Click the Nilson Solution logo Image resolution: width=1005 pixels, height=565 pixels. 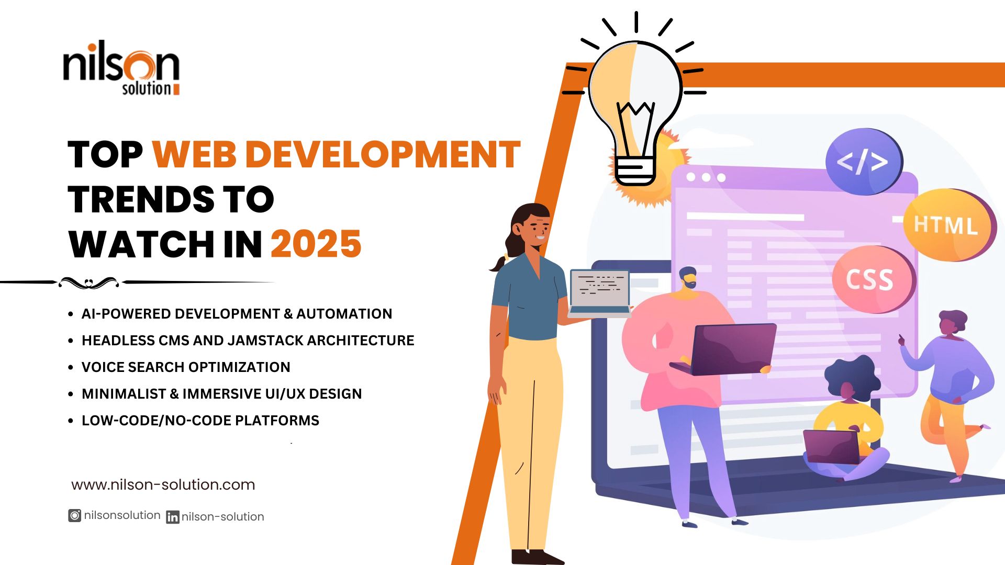121,68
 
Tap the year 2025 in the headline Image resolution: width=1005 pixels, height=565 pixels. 316,244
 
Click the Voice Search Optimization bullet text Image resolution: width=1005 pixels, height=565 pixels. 186,367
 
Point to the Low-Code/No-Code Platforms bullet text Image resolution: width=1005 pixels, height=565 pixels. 200,421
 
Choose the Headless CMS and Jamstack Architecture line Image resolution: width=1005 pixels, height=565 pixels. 248,341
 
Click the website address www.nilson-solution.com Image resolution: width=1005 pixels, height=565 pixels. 163,485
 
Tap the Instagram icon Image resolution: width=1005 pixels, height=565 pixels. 75,516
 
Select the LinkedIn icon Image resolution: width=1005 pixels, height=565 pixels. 173,517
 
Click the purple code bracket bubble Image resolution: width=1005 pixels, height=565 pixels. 864,161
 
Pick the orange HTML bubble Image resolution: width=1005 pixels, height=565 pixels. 948,225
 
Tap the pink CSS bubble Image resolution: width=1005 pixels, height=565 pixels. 873,279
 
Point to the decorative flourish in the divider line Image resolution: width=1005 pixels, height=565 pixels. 89,283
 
